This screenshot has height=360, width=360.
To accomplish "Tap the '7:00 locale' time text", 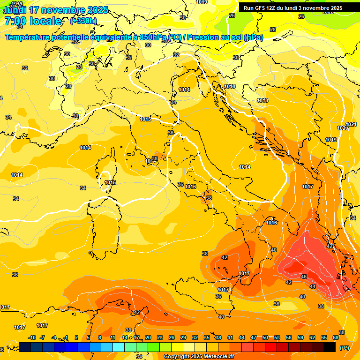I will coord(33,21).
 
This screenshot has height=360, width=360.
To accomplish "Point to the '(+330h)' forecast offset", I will coord(83,21).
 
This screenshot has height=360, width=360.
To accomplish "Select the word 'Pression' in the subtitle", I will coord(204,37).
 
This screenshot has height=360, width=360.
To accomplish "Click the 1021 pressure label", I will coord(352,124).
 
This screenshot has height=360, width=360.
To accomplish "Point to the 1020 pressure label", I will coord(343,128).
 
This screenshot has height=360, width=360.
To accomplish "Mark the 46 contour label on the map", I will coord(304,277).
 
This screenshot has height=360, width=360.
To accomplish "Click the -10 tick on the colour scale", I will coord(32,337).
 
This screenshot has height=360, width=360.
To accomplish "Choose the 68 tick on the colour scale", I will coord(336,337).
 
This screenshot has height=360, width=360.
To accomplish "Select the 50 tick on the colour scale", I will coord(265,337).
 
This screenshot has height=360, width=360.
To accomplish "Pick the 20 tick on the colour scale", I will coord(148,337).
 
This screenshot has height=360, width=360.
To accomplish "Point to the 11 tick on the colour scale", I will coord(112,337).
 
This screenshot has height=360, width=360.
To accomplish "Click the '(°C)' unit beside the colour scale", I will coord(345,348).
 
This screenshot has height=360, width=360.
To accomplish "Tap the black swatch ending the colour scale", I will coord(330,347).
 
